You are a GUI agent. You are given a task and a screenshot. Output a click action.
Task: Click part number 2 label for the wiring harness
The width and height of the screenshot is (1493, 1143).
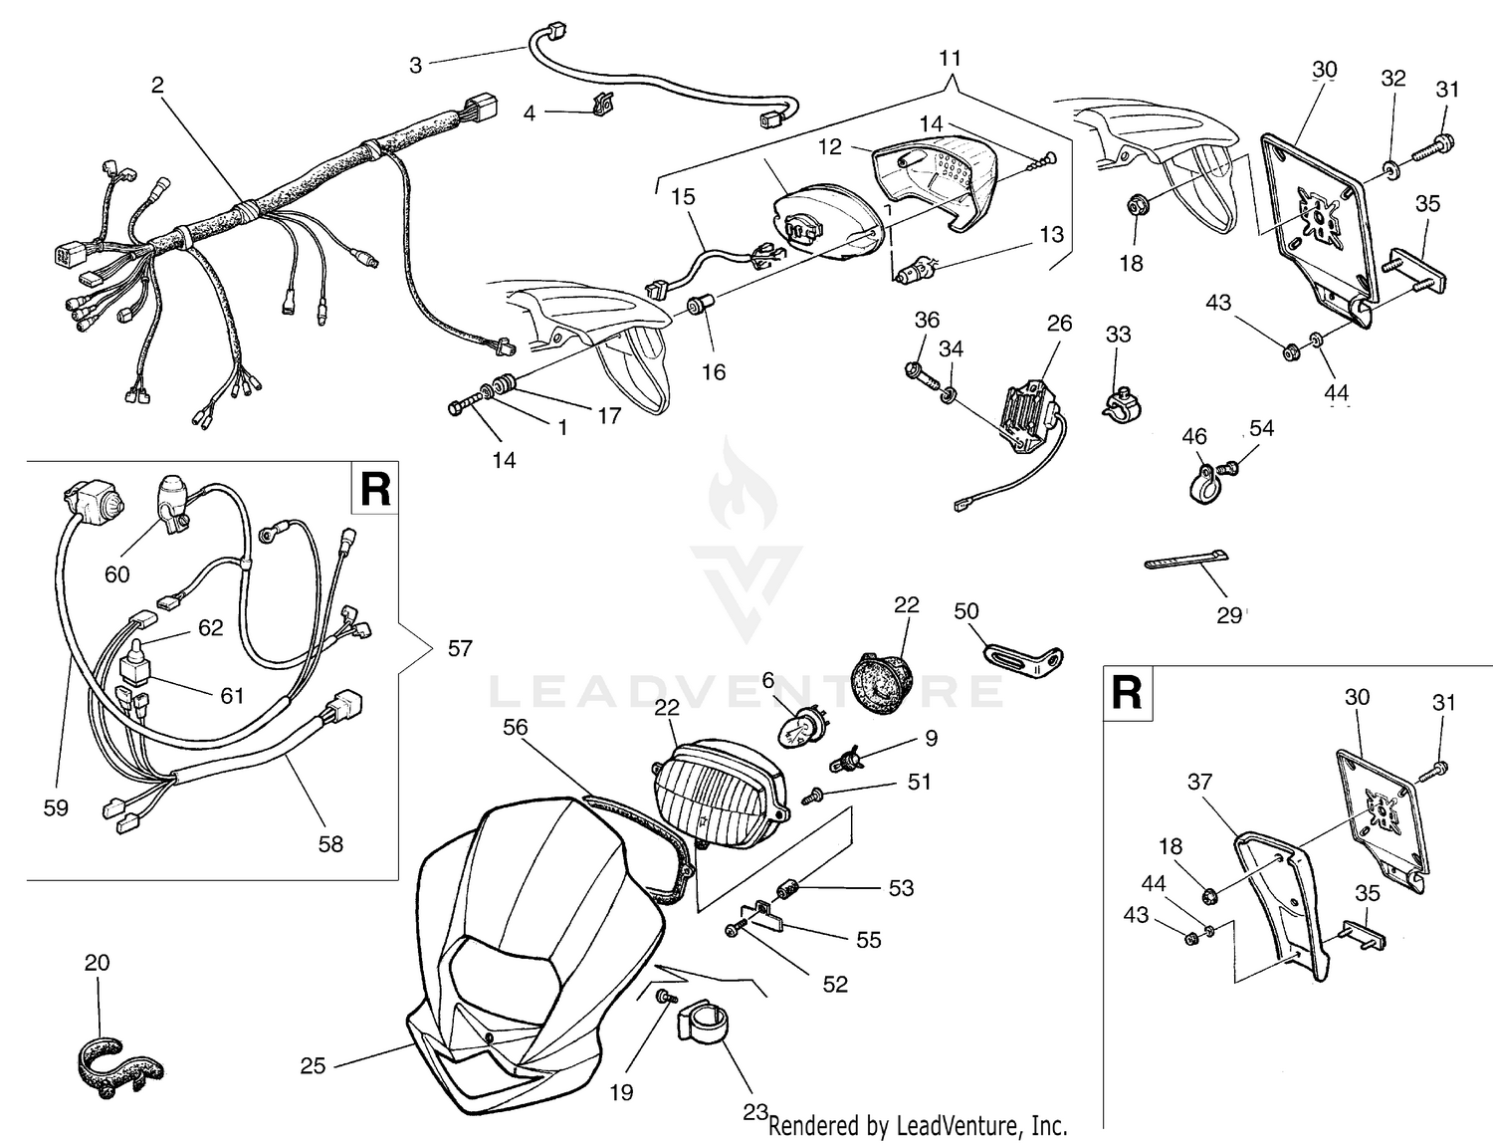(157, 86)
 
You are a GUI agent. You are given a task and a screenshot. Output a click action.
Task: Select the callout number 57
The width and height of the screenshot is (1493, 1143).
(459, 649)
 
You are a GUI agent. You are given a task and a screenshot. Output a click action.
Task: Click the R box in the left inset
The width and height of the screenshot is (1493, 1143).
(374, 488)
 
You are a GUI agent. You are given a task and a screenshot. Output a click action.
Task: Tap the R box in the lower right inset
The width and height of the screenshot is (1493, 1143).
(1127, 692)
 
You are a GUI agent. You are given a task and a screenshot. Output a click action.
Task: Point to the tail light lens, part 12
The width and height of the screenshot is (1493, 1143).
(936, 179)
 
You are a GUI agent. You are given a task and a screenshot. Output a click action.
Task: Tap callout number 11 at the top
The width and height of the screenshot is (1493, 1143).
(950, 58)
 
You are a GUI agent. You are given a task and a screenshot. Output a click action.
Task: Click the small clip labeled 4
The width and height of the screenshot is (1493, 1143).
(600, 104)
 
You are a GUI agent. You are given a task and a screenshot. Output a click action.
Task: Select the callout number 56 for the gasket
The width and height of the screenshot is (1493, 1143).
(515, 728)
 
